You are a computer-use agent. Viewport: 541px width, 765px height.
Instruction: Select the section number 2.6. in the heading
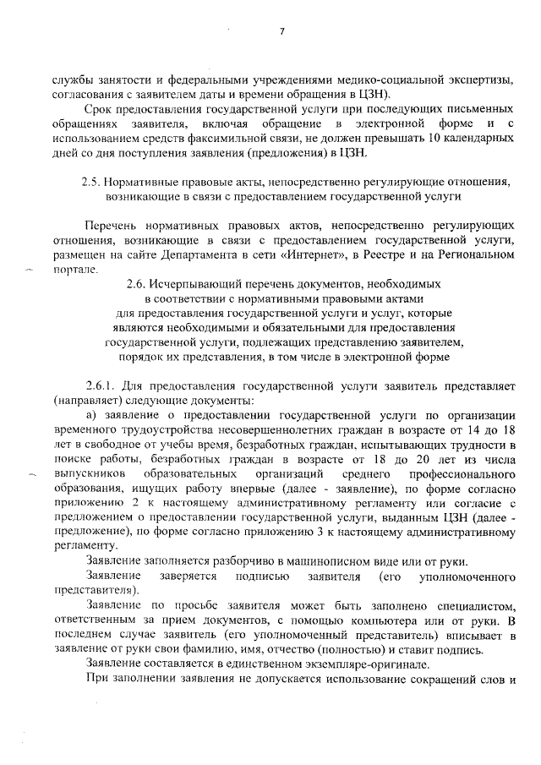(x=138, y=286)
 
